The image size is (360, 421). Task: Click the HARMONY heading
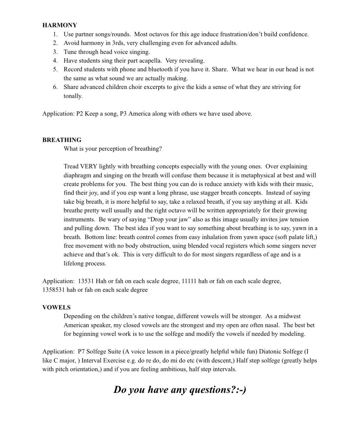tap(60, 25)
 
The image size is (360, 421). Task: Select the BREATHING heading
tap(62, 140)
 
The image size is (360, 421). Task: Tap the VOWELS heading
tap(56, 307)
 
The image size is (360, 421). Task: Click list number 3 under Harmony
tap(55, 52)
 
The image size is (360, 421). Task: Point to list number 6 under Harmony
tap(55, 87)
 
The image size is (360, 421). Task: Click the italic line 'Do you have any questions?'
tap(180, 389)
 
